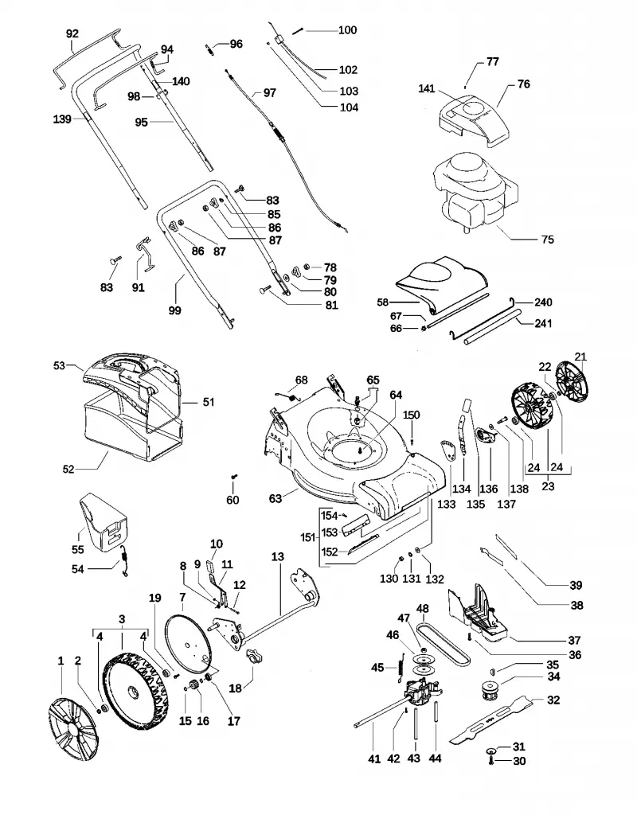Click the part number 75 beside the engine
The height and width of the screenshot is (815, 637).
click(x=548, y=240)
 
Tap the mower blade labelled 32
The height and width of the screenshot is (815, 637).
click(x=490, y=720)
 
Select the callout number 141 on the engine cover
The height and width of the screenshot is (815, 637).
click(x=427, y=89)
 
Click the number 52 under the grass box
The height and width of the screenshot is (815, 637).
click(x=68, y=470)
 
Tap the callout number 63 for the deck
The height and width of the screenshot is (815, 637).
click(x=275, y=498)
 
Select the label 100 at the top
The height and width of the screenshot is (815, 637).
click(x=347, y=30)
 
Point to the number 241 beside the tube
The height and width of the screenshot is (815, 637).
click(x=543, y=323)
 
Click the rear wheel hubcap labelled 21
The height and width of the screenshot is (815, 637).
click(x=575, y=383)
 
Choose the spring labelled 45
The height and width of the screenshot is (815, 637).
click(x=401, y=667)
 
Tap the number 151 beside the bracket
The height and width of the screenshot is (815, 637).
click(x=309, y=537)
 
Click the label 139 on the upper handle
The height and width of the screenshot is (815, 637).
click(x=62, y=119)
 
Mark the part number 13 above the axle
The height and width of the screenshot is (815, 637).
click(x=278, y=556)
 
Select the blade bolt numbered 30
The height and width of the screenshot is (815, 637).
click(x=490, y=761)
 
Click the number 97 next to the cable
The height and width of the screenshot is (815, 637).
click(x=269, y=92)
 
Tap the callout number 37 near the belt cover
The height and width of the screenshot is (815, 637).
click(x=574, y=641)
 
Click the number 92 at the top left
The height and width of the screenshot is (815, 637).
click(x=72, y=33)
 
